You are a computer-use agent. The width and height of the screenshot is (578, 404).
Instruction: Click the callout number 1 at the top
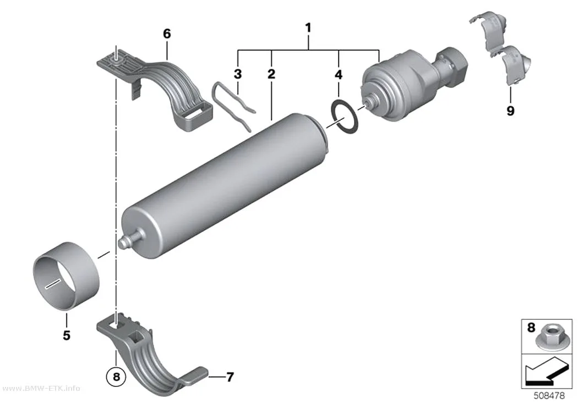tap(308, 28)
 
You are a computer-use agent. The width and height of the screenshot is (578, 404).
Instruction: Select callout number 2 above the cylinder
tap(271, 74)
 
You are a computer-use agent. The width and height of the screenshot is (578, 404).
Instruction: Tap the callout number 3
tap(238, 74)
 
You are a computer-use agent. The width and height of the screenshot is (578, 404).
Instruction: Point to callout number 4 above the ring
tap(339, 75)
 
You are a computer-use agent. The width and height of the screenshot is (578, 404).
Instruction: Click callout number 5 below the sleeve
tap(67, 335)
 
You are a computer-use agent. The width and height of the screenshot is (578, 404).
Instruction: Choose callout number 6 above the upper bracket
tap(167, 34)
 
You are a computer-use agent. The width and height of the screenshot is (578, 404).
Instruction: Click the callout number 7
tap(230, 377)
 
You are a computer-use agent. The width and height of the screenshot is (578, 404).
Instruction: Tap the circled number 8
tap(116, 377)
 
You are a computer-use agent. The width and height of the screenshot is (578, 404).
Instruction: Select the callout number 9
tap(510, 110)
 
